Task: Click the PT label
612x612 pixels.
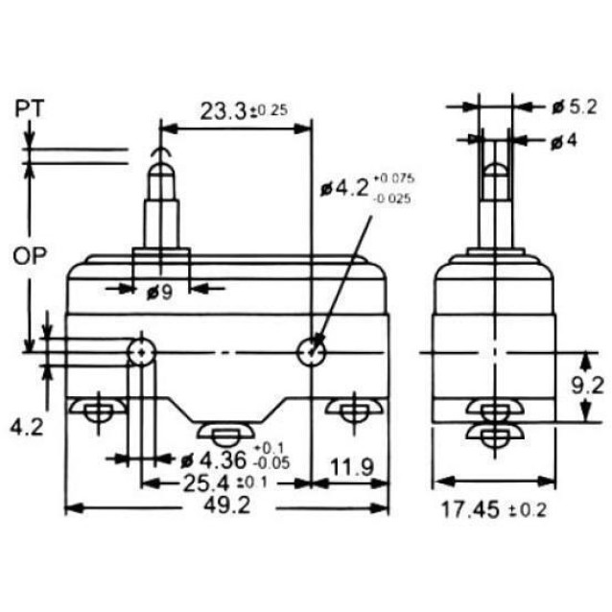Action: coord(30,108)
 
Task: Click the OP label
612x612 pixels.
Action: coord(30,256)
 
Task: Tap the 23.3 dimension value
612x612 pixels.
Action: coord(224,111)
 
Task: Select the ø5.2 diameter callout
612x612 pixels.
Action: coord(575,106)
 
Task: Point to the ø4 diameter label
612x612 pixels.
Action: coord(564,141)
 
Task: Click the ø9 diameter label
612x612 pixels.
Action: coord(159,292)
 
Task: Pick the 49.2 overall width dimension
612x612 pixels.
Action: coord(227,506)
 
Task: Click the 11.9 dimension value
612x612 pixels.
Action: coord(352,467)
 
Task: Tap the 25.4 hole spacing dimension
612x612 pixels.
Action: coord(206,483)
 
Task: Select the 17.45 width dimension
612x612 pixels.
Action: coord(470,509)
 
